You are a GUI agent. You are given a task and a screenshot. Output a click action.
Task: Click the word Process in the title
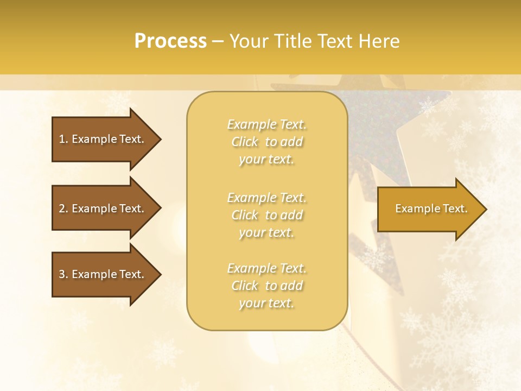tap(170, 41)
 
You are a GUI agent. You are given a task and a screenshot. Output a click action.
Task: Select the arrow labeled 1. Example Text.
tap(101, 139)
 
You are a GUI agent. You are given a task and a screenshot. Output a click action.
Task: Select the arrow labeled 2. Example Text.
tap(101, 209)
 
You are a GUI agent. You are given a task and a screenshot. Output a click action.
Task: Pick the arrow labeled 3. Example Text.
tap(101, 274)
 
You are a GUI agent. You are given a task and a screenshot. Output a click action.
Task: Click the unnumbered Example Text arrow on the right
tap(431, 209)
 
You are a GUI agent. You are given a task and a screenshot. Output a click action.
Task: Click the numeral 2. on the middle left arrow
tap(63, 209)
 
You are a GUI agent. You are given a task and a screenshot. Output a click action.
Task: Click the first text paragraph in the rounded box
tap(266, 142)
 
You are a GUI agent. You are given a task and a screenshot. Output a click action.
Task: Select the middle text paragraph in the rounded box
tap(266, 215)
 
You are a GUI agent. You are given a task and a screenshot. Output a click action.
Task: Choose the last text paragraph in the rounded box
tap(266, 286)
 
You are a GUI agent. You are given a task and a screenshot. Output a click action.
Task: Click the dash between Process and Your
tap(218, 42)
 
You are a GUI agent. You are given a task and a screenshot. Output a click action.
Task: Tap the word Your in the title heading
tap(249, 41)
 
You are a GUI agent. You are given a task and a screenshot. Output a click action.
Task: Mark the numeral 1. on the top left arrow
tap(63, 139)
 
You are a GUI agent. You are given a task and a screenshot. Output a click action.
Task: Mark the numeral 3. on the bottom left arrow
tap(63, 274)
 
